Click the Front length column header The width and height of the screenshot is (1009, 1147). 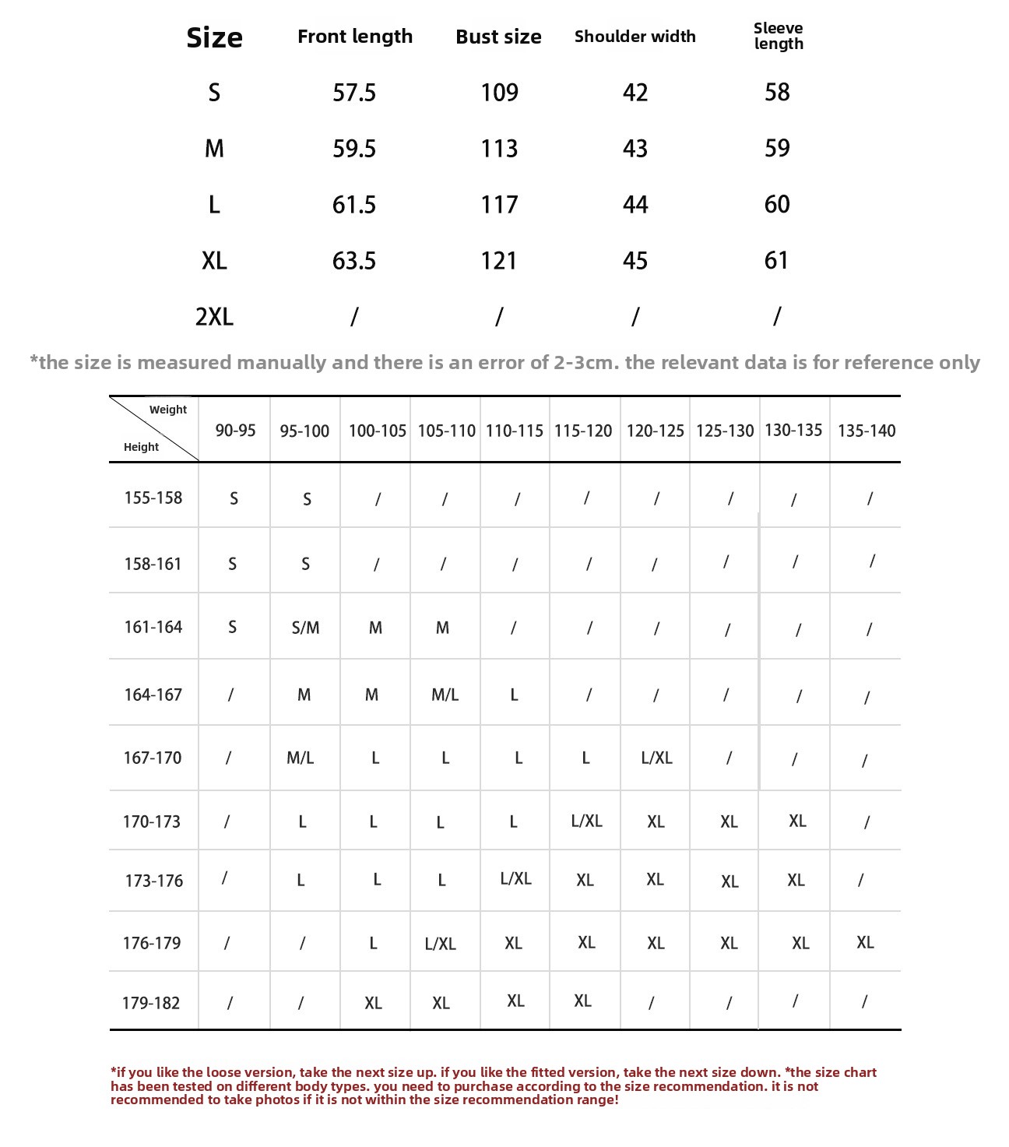355,37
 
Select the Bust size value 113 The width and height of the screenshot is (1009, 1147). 499,149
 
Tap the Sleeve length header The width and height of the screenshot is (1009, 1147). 778,36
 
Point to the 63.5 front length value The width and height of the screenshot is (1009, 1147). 354,261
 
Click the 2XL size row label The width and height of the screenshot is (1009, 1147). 214,317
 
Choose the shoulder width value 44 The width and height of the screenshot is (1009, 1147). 635,205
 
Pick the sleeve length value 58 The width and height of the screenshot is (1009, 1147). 777,93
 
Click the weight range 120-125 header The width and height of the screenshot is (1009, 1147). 656,431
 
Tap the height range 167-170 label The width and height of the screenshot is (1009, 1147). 153,758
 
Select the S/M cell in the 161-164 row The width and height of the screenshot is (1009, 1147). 305,628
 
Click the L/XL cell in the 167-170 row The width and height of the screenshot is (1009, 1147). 656,758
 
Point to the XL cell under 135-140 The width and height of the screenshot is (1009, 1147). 865,942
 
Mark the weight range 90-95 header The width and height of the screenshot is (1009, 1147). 235,431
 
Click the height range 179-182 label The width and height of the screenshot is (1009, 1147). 151,1003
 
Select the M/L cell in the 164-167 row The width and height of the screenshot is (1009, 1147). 445,695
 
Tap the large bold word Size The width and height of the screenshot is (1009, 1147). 214,37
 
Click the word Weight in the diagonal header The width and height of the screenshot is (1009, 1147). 168,410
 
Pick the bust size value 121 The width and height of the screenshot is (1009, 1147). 499,261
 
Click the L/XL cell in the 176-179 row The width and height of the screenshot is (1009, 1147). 441,944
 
